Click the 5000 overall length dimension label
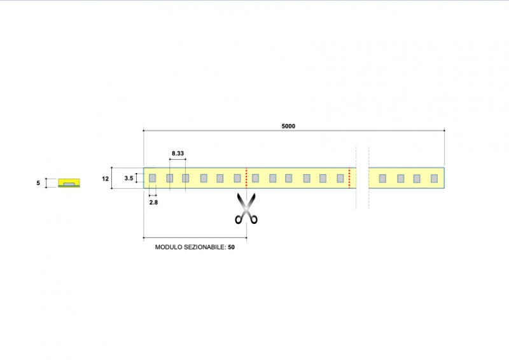tap(288, 126)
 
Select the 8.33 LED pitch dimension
tap(178, 154)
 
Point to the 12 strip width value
tap(106, 179)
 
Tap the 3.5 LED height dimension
tap(129, 179)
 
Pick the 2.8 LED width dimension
tap(153, 202)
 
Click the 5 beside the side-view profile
tap(38, 183)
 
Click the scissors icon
tap(246, 209)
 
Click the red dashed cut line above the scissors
tap(246, 178)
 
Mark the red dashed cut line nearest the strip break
tap(349, 178)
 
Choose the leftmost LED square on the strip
tap(153, 178)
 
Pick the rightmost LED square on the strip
tap(435, 178)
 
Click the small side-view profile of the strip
tap(68, 183)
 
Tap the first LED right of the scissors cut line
tap(256, 178)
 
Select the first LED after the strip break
tap(382, 178)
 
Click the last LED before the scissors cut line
tap(237, 178)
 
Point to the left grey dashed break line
tap(356, 178)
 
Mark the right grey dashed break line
tap(368, 178)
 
